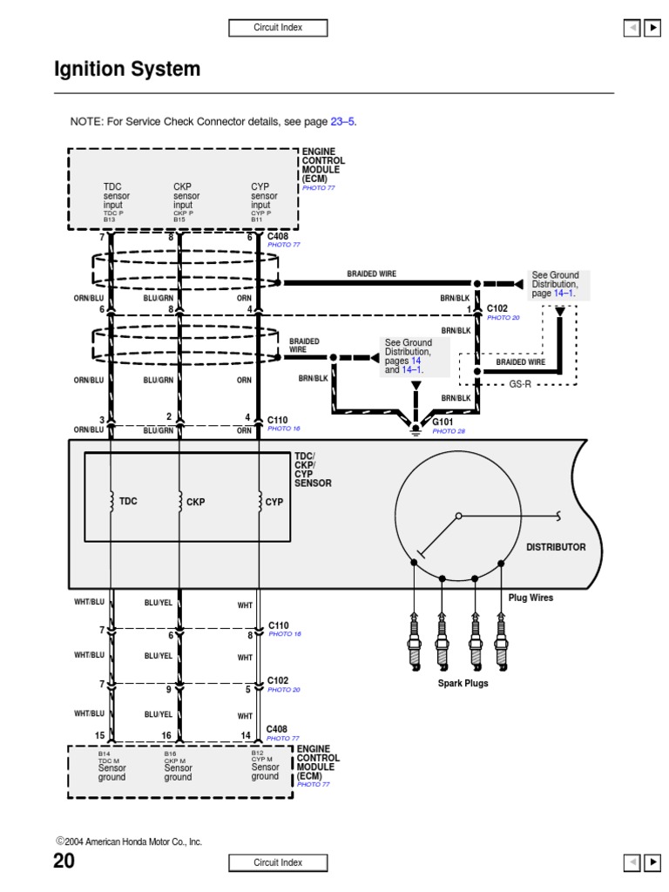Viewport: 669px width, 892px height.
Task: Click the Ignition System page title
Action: point(127,70)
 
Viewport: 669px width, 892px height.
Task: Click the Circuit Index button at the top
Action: point(278,28)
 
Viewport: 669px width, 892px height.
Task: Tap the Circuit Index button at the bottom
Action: point(278,862)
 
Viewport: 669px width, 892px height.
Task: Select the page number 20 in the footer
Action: point(64,862)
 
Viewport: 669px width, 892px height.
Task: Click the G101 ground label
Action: point(443,422)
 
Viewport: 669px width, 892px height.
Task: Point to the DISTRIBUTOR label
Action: point(556,547)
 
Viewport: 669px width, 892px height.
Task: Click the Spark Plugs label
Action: point(463,683)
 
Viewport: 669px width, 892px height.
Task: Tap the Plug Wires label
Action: point(530,598)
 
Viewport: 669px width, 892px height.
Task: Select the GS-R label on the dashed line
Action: point(521,383)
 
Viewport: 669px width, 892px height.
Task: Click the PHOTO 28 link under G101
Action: point(449,431)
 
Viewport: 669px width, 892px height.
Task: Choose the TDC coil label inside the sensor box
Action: point(128,502)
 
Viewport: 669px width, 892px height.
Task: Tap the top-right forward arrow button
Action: point(652,28)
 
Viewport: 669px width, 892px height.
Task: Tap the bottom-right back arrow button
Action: point(632,862)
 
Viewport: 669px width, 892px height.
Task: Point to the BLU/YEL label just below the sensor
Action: point(158,603)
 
